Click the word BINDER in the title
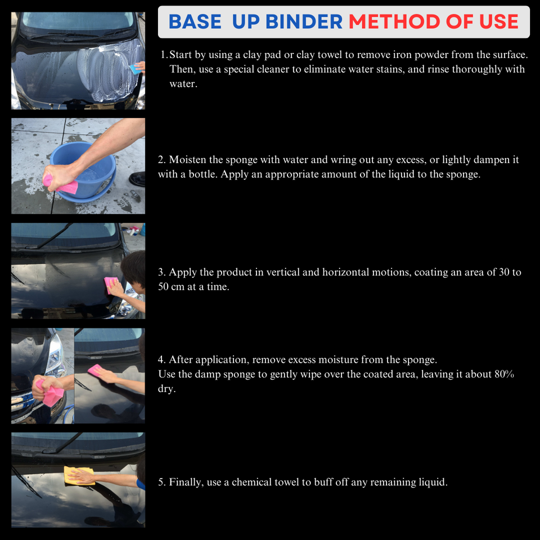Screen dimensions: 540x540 pos(304,22)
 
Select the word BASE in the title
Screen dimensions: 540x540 pos(195,22)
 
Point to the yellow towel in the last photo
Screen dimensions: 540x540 pos(79,475)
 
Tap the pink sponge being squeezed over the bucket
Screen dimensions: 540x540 pos(62,184)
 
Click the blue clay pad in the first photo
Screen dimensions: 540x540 pos(134,69)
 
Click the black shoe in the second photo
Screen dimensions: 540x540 pos(137,179)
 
